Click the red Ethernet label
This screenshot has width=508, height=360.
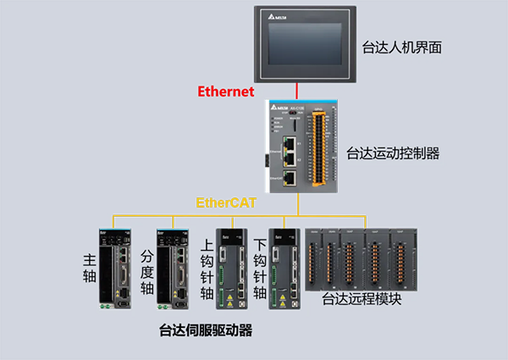(x=227, y=91)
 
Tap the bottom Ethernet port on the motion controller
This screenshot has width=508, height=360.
(x=290, y=178)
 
